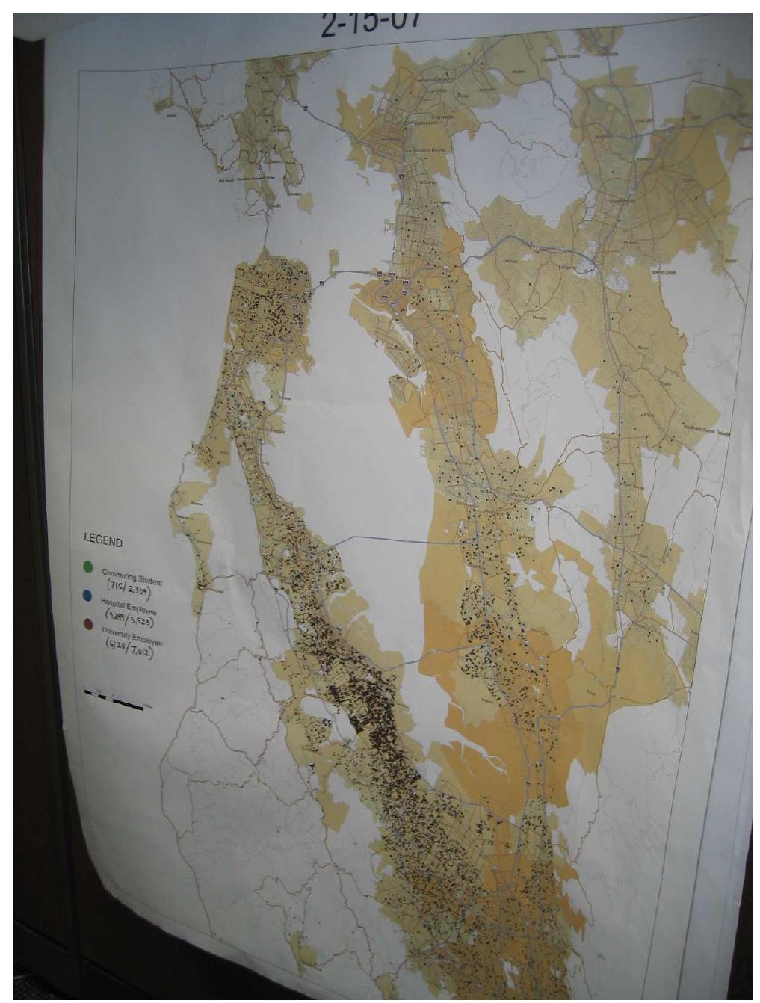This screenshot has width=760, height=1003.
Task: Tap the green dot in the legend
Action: [88, 567]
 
